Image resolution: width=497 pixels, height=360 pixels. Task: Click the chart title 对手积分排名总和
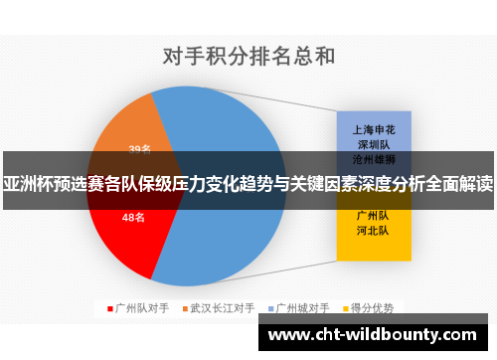pos(248,55)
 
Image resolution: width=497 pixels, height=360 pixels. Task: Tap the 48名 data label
pos(133,216)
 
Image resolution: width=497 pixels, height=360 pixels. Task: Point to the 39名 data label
pos(140,150)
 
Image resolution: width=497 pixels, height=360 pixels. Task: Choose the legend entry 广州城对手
pos(301,308)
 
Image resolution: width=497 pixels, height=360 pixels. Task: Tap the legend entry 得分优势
pos(374,308)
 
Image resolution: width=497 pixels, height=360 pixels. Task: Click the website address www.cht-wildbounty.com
pos(377,334)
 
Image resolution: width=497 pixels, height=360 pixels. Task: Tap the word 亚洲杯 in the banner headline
pos(31,184)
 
